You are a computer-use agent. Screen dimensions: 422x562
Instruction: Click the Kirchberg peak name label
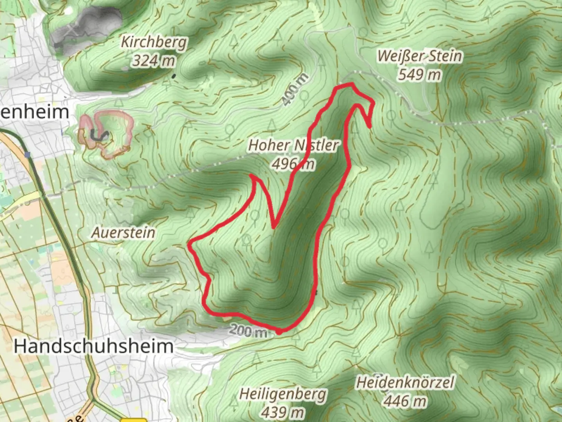(154, 42)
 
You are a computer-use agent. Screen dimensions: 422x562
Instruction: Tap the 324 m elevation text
(153, 61)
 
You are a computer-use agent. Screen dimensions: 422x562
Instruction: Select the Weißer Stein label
(420, 56)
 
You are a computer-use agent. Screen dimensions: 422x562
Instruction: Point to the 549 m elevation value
(420, 74)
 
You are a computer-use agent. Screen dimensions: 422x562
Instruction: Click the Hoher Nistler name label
(293, 145)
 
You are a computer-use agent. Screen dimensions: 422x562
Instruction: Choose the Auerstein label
(123, 232)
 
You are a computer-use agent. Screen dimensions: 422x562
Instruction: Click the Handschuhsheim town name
(94, 346)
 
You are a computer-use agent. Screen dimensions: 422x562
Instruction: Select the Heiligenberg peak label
(283, 394)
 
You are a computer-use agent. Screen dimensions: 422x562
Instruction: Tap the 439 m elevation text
(283, 412)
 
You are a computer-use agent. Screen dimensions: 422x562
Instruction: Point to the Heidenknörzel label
(405, 383)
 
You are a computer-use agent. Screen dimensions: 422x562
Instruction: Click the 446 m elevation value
(405, 401)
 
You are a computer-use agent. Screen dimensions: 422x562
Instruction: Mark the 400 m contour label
(295, 89)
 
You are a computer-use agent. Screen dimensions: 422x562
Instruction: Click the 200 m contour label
(247, 331)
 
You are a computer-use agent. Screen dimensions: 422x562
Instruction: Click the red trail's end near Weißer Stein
(370, 127)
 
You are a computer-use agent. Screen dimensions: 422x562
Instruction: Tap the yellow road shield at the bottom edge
(133, 420)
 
